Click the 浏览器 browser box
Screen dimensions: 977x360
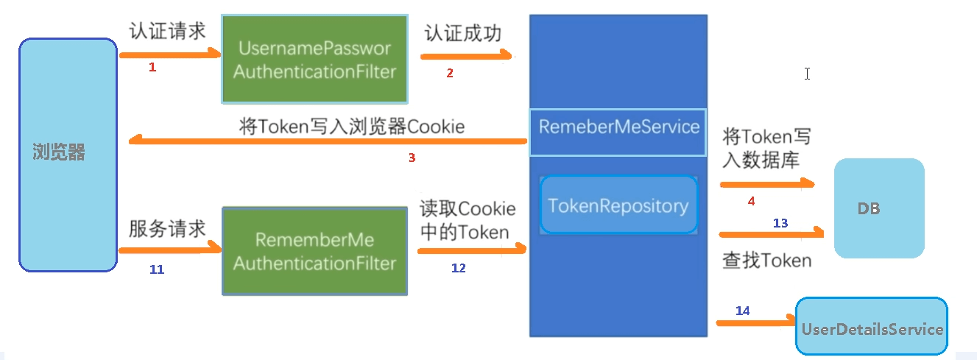(68, 154)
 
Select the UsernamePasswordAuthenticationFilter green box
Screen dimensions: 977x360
(314, 60)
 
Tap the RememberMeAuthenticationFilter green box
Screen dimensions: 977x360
(314, 251)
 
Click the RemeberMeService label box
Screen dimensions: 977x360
(618, 127)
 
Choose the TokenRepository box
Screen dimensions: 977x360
(618, 205)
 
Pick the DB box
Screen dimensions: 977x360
(878, 208)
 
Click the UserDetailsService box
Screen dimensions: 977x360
(872, 328)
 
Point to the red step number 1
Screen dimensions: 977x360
(152, 68)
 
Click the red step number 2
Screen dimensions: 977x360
(450, 73)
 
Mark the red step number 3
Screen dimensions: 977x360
(412, 158)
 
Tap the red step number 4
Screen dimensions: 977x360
(751, 200)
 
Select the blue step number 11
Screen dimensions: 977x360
(156, 269)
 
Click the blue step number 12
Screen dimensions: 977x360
(458, 268)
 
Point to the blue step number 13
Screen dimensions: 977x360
(780, 222)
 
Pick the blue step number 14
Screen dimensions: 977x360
(742, 311)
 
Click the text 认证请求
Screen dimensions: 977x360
(167, 32)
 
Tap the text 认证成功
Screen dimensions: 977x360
(462, 35)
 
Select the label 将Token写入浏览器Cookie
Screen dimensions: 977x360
(352, 126)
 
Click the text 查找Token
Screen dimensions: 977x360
(766, 260)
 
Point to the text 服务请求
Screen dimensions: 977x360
(167, 228)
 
